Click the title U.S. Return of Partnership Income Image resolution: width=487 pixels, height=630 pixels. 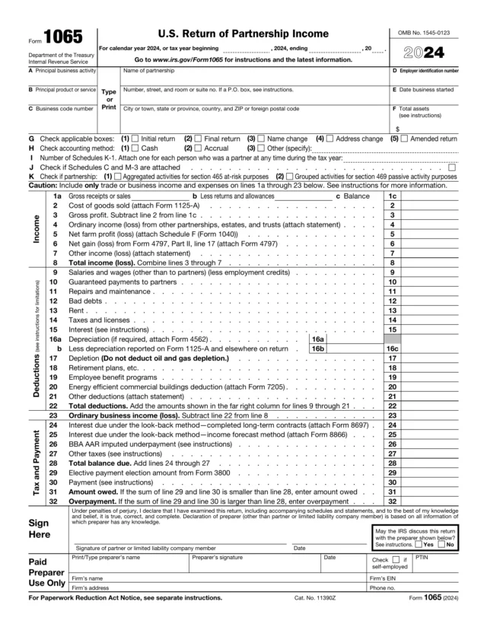243,34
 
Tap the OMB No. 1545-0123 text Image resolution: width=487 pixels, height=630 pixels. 425,33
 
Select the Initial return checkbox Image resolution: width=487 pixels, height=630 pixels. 135,139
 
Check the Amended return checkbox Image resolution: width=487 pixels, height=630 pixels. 404,139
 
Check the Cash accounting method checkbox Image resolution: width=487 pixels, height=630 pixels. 135,148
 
